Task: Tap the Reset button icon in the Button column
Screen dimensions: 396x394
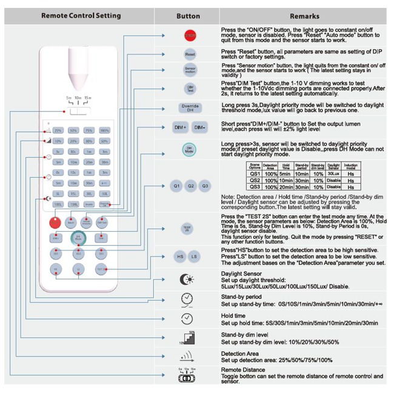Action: click(x=190, y=55)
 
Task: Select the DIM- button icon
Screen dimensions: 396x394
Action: click(x=199, y=128)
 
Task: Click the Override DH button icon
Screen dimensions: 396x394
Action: click(x=190, y=108)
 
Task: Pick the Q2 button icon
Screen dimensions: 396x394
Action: click(x=190, y=186)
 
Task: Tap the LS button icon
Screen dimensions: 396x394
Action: click(x=194, y=257)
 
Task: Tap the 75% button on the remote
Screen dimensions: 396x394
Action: click(x=88, y=130)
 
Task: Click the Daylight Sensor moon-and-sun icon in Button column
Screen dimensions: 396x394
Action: click(x=187, y=279)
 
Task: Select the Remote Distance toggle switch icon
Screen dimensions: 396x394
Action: click(x=187, y=378)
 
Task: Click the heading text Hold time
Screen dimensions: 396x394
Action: click(x=233, y=315)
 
